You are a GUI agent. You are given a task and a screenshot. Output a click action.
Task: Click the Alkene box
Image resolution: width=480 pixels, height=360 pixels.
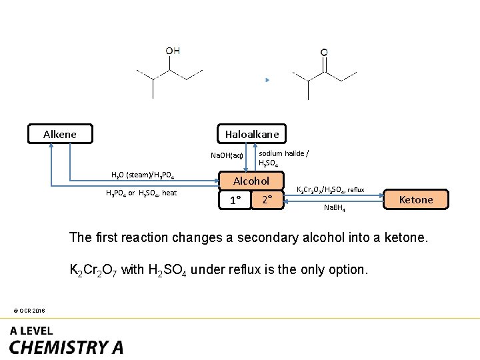pos(60,134)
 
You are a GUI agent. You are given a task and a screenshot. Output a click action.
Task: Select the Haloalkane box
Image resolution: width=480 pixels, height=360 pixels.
pos(251,134)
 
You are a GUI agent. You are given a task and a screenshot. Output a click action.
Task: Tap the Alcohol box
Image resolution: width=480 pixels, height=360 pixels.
pos(251,181)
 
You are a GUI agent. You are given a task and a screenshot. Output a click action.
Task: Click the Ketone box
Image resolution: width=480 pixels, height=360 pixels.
pos(415,199)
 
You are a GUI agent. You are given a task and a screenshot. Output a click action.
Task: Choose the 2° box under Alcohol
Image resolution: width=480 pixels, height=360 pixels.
pos(267,199)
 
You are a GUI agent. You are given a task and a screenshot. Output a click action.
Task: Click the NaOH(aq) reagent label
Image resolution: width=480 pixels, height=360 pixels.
pos(227,155)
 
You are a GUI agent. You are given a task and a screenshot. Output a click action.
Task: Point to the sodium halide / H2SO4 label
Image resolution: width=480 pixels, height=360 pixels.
pos(283,158)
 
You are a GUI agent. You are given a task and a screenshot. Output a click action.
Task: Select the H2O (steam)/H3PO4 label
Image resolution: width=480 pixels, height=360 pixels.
pos(142,175)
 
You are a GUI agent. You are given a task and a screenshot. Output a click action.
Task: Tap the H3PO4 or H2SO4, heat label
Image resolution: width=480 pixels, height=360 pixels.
pos(141,193)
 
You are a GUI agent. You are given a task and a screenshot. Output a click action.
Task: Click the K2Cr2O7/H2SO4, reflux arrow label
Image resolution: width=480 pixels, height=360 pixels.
pos(330,189)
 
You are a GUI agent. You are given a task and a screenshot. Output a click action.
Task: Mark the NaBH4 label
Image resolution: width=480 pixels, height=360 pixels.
pos(335,208)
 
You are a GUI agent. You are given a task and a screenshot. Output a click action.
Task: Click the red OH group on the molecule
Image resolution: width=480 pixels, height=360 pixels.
pos(173,51)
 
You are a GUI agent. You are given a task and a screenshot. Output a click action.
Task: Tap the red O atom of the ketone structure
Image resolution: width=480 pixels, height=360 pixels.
pos(324,52)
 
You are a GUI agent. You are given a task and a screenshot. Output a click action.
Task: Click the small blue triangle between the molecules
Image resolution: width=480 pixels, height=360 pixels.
pos(267,80)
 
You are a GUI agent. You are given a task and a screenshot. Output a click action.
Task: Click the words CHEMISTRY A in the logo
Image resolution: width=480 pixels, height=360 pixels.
pos(66,347)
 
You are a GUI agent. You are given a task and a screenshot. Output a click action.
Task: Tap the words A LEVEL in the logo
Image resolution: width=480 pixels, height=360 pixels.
pos(31,331)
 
